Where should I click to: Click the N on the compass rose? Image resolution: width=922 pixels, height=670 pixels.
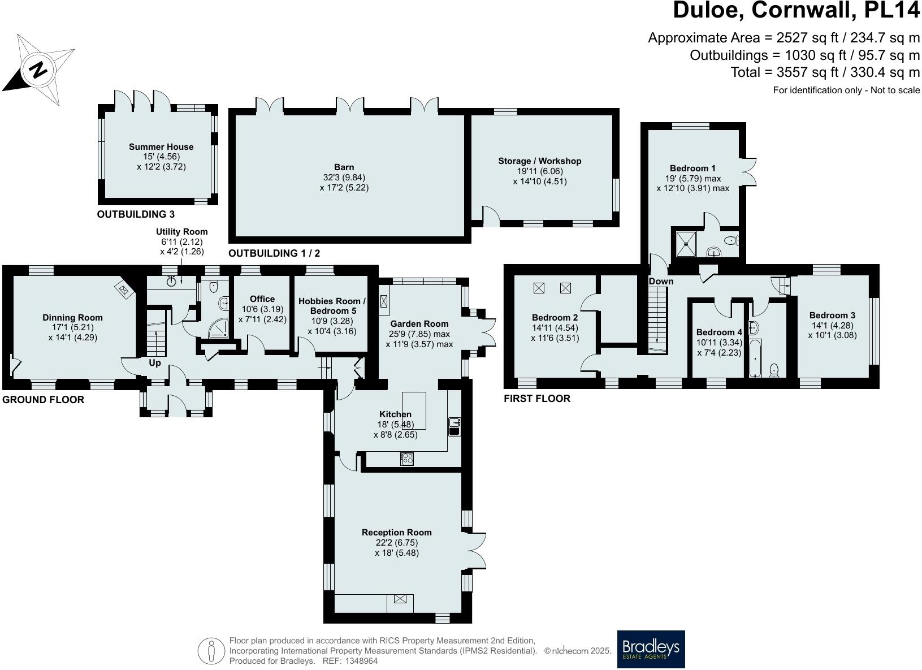(38, 70)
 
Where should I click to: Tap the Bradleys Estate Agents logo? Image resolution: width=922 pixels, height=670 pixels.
(651, 649)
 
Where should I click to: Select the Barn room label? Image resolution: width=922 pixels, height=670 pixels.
(344, 167)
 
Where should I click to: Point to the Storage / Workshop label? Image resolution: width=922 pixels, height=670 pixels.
(539, 161)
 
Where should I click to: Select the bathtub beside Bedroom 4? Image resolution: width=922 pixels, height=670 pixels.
(756, 358)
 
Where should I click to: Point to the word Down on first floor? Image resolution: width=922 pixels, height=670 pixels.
(661, 281)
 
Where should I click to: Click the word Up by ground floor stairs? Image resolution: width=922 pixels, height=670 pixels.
(155, 363)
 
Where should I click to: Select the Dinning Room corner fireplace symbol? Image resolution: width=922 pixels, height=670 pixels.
(124, 289)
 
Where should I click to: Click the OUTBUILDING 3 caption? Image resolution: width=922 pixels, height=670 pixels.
(136, 214)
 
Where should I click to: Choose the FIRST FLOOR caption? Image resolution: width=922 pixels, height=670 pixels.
(536, 399)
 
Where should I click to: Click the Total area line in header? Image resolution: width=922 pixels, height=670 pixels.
(825, 72)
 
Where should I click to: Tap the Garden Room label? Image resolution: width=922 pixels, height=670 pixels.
(419, 324)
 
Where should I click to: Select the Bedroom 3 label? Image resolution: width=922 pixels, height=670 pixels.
(832, 315)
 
